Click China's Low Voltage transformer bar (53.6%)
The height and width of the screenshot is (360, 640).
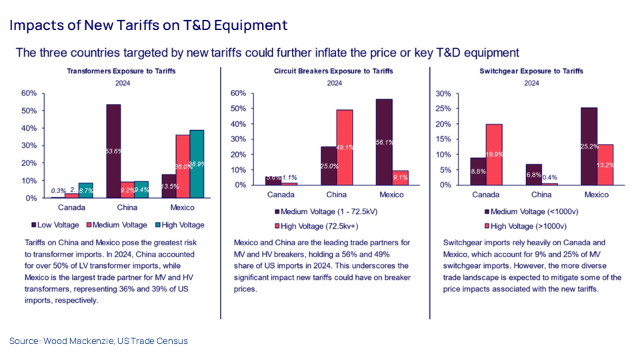[113, 151]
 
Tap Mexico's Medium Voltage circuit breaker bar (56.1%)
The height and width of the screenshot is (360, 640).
[384, 142]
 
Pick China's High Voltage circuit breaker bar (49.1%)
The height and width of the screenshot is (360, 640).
[344, 147]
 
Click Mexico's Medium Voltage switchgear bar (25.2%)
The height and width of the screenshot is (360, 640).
[589, 146]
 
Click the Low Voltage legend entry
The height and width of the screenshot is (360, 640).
[56, 225]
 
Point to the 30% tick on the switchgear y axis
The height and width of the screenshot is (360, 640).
[442, 94]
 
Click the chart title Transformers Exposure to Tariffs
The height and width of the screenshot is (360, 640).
[121, 71]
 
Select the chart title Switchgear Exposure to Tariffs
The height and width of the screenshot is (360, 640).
[531, 71]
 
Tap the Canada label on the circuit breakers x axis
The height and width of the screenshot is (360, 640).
[281, 195]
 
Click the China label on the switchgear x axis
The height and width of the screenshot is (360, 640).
[541, 195]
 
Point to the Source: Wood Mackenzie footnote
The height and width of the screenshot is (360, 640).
[99, 341]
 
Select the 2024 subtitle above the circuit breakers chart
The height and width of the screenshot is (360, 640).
[333, 83]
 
